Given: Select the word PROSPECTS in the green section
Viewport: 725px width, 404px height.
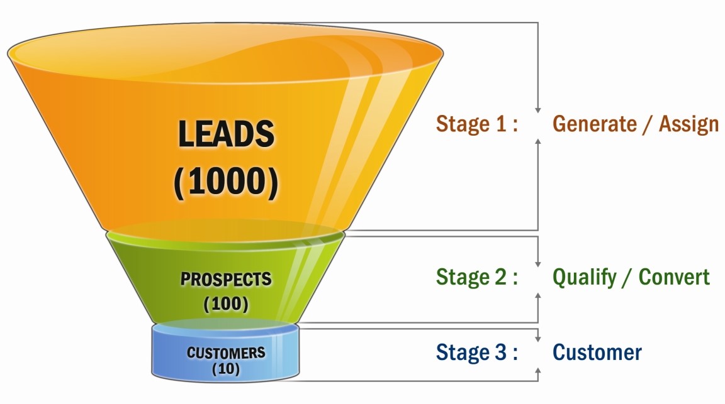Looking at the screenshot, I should click(x=226, y=280).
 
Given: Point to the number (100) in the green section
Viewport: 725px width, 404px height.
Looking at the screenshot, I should click(x=226, y=305).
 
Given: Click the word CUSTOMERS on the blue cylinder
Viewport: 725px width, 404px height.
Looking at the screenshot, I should click(x=226, y=352).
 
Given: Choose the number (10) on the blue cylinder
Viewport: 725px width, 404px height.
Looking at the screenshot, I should click(x=226, y=369).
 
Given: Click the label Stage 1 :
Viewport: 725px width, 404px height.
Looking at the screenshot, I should click(x=476, y=124).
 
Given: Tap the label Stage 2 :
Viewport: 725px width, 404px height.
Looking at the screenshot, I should click(x=476, y=277).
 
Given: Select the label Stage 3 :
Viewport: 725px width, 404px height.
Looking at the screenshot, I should click(x=476, y=352).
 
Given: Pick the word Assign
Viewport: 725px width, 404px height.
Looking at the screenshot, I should click(x=688, y=124).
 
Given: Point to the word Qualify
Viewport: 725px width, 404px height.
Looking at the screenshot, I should click(x=585, y=278).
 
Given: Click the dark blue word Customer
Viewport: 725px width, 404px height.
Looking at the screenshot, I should click(x=597, y=352).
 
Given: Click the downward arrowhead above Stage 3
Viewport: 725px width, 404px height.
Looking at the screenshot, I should click(x=538, y=339).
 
